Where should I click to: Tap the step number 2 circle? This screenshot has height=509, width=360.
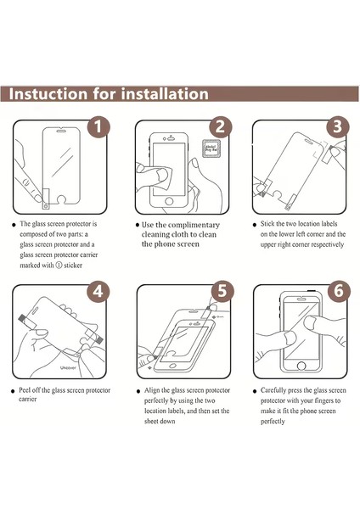pyautogui.click(x=221, y=128)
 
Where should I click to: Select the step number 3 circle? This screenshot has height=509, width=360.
pyautogui.click(x=337, y=128)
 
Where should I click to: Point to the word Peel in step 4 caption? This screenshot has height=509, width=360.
pyautogui.click(x=29, y=391)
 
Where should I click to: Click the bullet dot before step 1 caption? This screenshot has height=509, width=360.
pyautogui.click(x=14, y=226)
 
